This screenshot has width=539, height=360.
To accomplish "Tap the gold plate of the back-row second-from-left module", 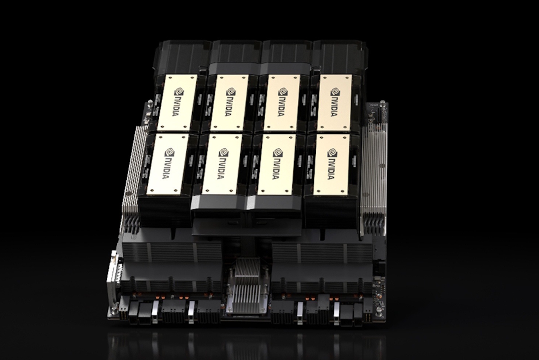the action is coord(230,102).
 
